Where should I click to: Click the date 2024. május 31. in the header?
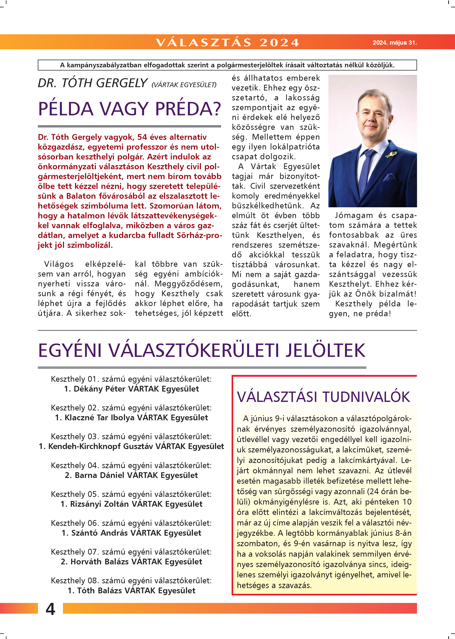tap(395, 43)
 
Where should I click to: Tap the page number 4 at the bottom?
tap(50, 609)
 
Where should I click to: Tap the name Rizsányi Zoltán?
tap(99, 504)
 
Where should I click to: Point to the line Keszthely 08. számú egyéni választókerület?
tap(131, 581)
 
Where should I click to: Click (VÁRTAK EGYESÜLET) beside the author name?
tap(184, 85)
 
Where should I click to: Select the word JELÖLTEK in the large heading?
tap(325, 351)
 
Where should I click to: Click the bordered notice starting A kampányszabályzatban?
tap(227, 65)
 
